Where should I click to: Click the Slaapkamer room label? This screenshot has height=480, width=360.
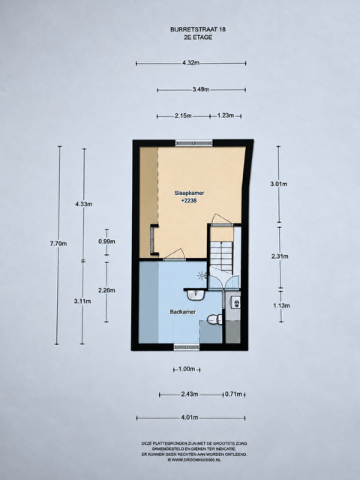189,193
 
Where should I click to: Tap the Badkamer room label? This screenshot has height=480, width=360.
183,312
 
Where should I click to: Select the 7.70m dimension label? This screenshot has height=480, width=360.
58,244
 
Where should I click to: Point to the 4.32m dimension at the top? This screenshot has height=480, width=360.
190,63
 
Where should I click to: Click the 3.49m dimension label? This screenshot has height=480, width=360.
201,89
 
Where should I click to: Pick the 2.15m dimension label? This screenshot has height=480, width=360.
183,115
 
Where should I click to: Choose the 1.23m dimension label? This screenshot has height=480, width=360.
226,115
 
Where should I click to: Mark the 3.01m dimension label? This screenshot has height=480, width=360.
279,184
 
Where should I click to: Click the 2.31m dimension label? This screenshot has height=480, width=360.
280,256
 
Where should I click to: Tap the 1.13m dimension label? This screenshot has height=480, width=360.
281,305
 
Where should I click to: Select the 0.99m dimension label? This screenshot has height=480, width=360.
106,241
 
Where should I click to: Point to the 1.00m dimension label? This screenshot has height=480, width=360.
187,369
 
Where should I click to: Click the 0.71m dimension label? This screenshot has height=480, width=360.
233,394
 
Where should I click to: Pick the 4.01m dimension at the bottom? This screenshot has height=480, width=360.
190,418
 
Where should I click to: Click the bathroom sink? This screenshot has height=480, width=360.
196,295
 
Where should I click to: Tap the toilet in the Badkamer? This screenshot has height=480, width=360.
215,319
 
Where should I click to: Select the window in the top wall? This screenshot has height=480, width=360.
193,143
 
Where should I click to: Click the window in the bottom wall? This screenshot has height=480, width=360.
187,346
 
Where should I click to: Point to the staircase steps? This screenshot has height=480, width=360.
221,256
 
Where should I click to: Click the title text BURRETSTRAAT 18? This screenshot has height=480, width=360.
198,30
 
